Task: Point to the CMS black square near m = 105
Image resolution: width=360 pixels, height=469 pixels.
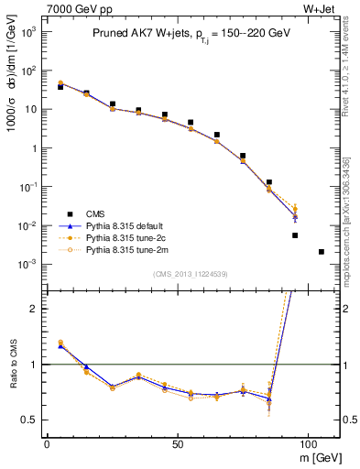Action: click(x=322, y=251)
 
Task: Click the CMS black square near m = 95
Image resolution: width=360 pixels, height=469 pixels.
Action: click(x=295, y=235)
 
